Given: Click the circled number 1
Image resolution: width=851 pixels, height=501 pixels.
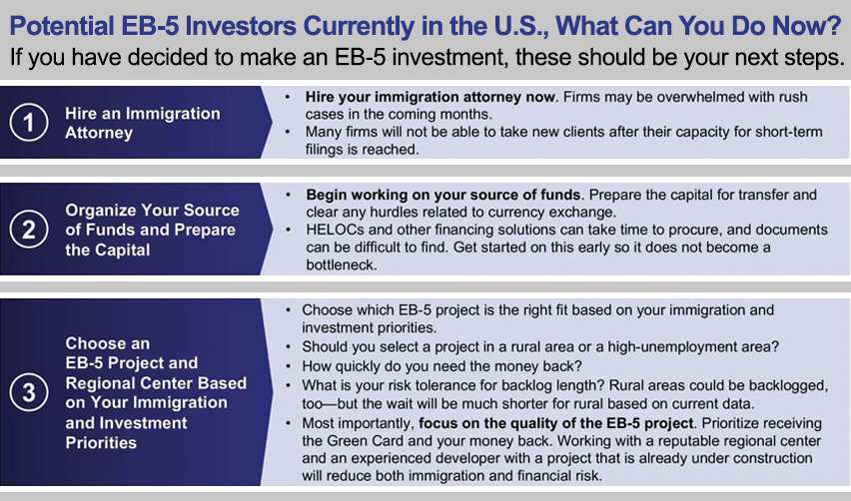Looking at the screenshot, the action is [x=29, y=123].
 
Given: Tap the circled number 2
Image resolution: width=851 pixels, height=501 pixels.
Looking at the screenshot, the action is [x=29, y=230].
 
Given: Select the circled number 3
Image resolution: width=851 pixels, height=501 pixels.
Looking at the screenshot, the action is [x=29, y=392].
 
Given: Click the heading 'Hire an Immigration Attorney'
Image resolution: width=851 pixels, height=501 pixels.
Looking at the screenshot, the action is [x=143, y=123].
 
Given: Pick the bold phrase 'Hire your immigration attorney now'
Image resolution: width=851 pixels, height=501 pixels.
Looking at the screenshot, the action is [x=430, y=97].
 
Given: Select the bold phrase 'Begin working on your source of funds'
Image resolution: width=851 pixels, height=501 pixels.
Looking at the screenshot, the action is [x=443, y=195].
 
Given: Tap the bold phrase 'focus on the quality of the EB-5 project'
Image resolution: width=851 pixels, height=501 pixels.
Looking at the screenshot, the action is [x=556, y=423].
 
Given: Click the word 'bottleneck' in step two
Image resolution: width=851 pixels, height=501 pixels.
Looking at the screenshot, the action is [x=340, y=265].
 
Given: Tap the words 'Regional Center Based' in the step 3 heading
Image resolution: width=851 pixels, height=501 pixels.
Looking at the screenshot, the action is [x=156, y=383].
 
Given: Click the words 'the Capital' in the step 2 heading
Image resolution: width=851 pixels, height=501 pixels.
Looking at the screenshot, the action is [x=108, y=250].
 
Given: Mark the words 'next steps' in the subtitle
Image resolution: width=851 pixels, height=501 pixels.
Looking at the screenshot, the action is [x=781, y=58].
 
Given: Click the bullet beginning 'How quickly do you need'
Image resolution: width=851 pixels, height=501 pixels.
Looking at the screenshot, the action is [x=441, y=366].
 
